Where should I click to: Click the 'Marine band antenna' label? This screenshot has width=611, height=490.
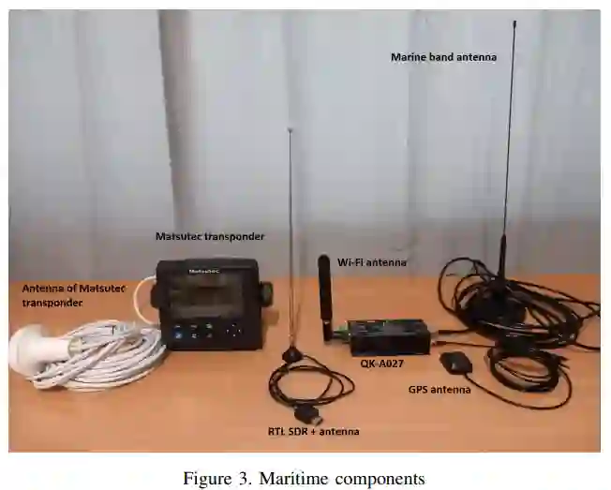(443, 57)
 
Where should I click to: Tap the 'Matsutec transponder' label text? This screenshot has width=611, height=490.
(210, 236)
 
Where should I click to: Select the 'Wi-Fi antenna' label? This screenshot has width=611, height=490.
(372, 262)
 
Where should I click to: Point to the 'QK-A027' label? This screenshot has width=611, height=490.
(381, 361)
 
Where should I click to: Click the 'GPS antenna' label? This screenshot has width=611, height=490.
(440, 389)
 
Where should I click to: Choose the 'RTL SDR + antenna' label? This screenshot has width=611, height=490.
(313, 431)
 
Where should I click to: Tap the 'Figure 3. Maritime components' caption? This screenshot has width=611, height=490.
(304, 479)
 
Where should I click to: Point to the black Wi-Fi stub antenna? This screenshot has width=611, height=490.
(325, 290)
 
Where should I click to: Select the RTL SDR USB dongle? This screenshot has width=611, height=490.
(306, 413)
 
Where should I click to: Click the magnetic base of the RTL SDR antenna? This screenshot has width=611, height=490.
(292, 355)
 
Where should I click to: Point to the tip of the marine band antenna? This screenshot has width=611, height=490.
(514, 23)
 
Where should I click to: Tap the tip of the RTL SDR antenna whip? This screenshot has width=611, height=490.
(291, 130)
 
